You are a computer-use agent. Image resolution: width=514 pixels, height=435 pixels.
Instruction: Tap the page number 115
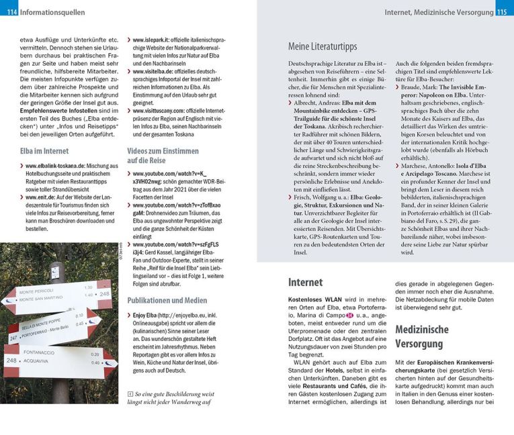pyautogui.click(x=503, y=12)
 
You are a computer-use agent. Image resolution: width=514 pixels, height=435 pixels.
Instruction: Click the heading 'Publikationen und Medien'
pyautogui.click(x=167, y=300)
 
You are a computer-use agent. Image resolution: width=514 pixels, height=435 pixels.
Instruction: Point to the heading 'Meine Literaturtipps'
pyautogui.click(x=323, y=47)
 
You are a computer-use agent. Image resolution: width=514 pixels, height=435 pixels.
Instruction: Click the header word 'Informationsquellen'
pyautogui.click(x=52, y=12)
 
